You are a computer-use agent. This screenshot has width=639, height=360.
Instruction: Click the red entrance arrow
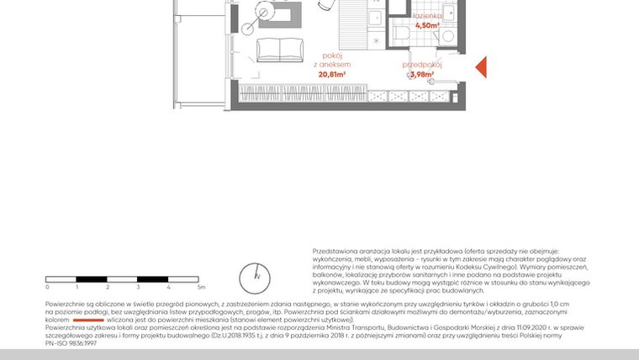pos(481,67)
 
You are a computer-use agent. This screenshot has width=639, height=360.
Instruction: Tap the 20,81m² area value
pos(332,74)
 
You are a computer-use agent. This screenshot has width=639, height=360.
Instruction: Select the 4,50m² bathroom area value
pos(427,25)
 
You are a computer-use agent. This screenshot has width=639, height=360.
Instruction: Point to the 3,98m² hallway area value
pos(420,74)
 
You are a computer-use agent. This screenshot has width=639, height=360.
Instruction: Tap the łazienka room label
pos(427,16)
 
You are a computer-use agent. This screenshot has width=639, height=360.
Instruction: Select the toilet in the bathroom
pos(402,34)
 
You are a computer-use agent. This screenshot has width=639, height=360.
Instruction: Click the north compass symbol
pos(258,275)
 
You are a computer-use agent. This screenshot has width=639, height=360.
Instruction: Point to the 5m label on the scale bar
pos(200,288)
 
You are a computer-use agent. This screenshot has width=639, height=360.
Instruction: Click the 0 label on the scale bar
pos(46,288)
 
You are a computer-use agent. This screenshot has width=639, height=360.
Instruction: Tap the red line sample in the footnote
pos(87,320)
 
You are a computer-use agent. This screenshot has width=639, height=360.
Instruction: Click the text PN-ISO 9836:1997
pos(71,344)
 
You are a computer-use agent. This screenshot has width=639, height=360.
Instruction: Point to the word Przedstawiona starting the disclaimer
pos(335,251)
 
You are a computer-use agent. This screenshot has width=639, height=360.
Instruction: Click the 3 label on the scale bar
pos(138,288)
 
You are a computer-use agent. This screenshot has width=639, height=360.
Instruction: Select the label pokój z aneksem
pos(332,61)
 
